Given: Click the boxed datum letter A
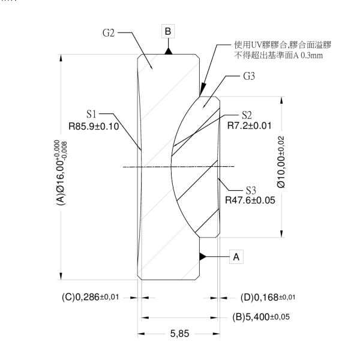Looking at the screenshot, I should click(236, 256).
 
